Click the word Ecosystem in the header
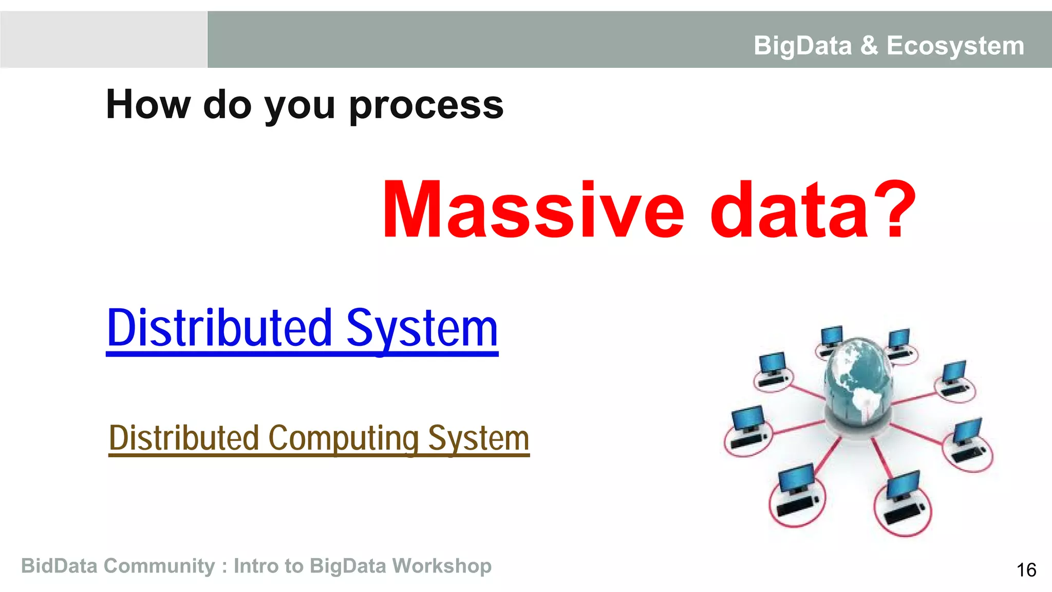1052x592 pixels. tap(955, 46)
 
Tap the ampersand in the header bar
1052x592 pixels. tap(869, 45)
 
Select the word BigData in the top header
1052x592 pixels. tap(802, 46)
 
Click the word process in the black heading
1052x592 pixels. tap(426, 105)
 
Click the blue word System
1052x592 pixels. tap(422, 329)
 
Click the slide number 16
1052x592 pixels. tap(1026, 570)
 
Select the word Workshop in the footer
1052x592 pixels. tap(442, 566)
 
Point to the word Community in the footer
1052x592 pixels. tap(159, 566)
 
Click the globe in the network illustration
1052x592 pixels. tap(856, 380)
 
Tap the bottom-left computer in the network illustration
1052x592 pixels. tap(796, 496)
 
